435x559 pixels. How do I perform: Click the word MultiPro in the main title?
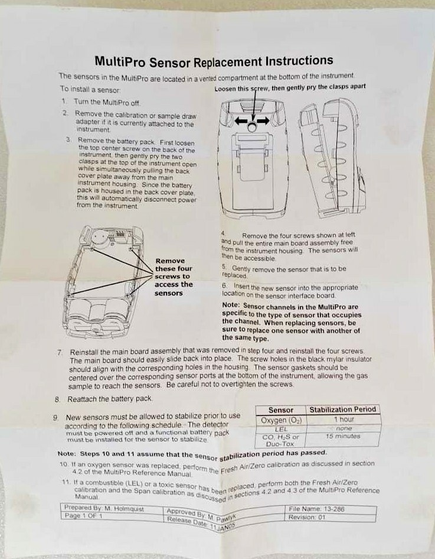click(120, 61)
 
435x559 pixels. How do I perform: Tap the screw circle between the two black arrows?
click(252, 126)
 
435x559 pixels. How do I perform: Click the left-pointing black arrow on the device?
click(241, 121)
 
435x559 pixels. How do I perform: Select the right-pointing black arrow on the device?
click(263, 121)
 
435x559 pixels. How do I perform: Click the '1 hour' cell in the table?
click(344, 420)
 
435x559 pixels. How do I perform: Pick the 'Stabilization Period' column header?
click(343, 409)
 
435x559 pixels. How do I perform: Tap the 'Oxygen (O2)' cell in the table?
click(281, 420)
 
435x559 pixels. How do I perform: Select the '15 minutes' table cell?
click(343, 436)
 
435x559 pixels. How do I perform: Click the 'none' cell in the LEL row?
click(344, 428)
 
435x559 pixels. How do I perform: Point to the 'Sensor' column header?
click(281, 410)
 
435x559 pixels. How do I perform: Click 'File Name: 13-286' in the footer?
click(316, 509)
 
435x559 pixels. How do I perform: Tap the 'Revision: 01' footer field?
click(307, 517)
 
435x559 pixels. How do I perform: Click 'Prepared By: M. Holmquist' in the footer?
click(104, 508)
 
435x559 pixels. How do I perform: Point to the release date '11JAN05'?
click(223, 526)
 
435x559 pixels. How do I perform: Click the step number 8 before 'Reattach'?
click(57, 399)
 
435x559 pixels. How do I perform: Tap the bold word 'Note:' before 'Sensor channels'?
click(231, 305)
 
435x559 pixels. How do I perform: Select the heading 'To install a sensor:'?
click(90, 89)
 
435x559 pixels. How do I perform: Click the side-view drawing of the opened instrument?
click(332, 158)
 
